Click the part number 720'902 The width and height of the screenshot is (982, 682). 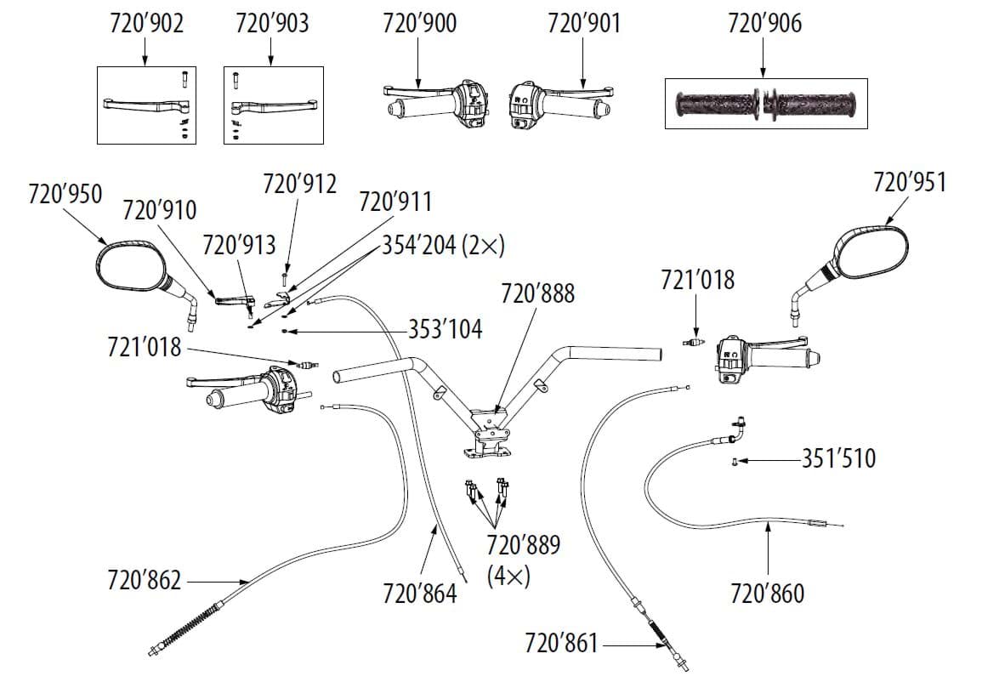coord(146,23)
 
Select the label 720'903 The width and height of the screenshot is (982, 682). coord(271,23)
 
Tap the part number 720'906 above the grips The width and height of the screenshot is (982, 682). coord(764,23)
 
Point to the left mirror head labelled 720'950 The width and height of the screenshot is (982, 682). coord(129,269)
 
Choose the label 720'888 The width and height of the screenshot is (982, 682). coord(537,294)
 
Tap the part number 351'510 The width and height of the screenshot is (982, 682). coord(838,459)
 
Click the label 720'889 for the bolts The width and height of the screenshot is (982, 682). coord(524,544)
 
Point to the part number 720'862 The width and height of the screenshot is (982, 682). coord(144,581)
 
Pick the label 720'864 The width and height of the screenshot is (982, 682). coord(420,593)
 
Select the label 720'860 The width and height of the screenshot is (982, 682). coord(767,593)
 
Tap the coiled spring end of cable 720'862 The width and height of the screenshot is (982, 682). coord(184,628)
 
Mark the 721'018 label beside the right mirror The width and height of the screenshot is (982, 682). coord(697,280)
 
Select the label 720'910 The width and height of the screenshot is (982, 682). coord(159,210)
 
